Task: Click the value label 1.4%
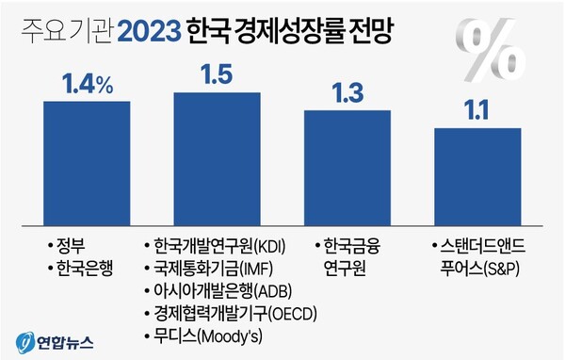tap(87, 86)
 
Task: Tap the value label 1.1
tap(477, 110)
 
